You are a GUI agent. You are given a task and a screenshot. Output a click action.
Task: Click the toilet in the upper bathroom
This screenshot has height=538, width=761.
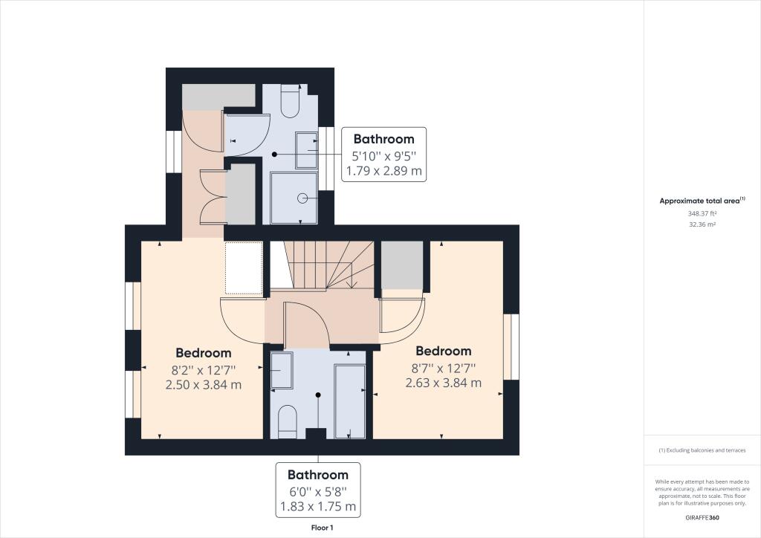[290, 101]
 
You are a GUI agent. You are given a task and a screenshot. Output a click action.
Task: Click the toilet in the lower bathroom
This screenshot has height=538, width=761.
[288, 421]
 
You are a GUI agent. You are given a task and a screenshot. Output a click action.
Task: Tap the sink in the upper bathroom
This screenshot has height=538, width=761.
[307, 150]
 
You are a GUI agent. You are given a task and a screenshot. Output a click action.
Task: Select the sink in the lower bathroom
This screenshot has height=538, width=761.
[282, 370]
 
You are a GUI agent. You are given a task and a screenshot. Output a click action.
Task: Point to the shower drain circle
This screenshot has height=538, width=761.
[302, 198]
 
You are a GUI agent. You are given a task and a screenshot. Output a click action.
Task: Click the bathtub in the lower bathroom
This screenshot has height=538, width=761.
[350, 402]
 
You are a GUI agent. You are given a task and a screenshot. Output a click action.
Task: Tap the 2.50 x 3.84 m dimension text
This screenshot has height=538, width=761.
[204, 385]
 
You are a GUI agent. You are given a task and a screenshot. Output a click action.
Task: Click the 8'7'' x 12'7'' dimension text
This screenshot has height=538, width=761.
[444, 369]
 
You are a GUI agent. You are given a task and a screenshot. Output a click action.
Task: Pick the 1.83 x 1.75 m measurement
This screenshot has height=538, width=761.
[318, 507]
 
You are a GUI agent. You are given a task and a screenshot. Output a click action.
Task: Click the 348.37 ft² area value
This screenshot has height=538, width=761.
[702, 213]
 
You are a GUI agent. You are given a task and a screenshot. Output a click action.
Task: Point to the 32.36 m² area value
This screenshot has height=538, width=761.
[702, 224]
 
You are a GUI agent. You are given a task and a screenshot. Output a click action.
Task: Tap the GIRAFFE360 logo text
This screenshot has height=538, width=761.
[702, 518]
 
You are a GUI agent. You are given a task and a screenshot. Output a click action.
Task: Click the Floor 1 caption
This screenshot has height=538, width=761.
[323, 528]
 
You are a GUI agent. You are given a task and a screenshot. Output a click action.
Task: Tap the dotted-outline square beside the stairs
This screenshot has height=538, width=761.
[244, 268]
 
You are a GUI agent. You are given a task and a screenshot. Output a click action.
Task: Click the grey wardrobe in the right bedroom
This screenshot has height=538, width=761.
[402, 265]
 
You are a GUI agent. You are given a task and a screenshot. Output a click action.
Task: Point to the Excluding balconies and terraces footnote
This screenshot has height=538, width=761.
[702, 450]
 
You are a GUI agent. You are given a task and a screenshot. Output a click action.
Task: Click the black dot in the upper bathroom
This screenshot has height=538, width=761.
[274, 155]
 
